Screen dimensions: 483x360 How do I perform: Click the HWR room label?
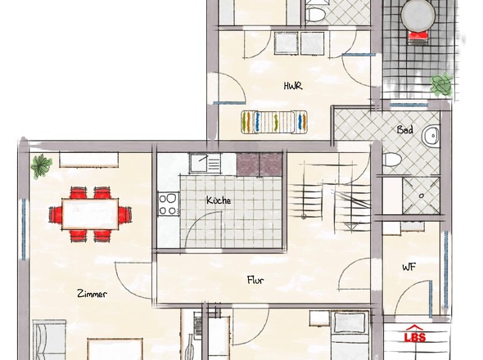click(293, 86)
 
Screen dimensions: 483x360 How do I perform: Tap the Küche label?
click(219, 200)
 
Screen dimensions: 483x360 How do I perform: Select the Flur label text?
click(255, 280)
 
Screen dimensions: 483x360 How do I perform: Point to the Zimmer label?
click(92, 294)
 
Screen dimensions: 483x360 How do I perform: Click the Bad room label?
click(405, 129)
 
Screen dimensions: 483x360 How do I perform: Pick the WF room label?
click(409, 267)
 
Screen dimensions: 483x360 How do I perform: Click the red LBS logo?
click(415, 335)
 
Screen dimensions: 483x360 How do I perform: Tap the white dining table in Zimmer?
click(90, 214)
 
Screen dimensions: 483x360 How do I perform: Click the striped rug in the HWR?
click(274, 122)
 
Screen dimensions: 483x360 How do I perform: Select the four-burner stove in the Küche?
click(169, 204)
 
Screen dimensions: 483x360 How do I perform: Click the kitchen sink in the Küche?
click(205, 163)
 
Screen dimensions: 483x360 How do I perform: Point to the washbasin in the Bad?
click(431, 136)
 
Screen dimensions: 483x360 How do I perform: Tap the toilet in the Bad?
click(392, 160)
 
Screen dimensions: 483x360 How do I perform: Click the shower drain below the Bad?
click(422, 196)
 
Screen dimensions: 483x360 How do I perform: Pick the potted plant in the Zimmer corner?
click(41, 166)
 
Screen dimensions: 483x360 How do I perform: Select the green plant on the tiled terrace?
click(442, 84)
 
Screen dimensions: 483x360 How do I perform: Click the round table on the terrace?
click(418, 15)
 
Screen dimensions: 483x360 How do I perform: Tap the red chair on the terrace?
click(418, 36)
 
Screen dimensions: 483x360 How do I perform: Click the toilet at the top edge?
click(315, 15)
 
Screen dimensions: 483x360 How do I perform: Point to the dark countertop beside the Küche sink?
click(260, 164)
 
